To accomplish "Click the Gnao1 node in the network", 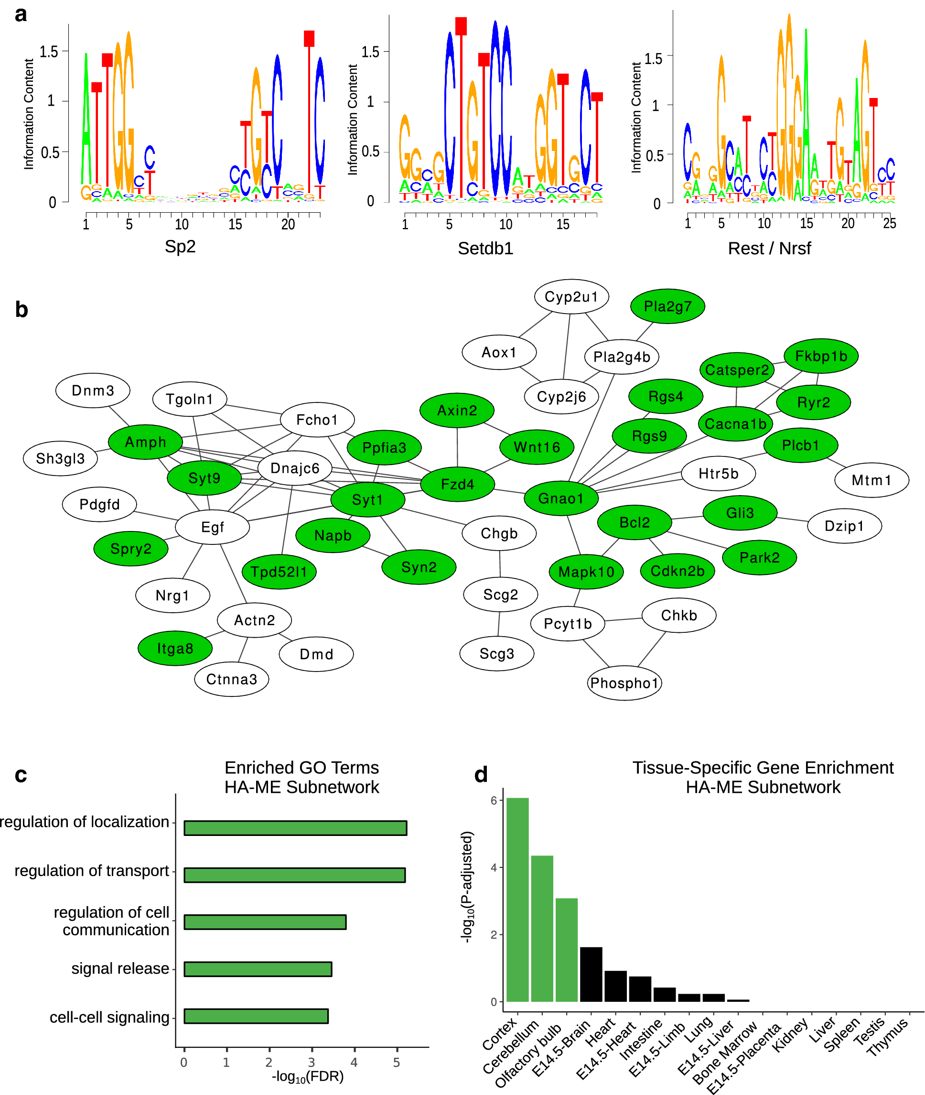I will pos(560,498).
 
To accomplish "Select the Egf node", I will pos(212,527).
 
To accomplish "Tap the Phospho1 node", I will pos(624,683).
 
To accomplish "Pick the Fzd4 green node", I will pos(457,484).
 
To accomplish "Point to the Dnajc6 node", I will pos(295,468).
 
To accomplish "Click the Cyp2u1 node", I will pos(571,297).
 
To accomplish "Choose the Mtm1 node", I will pos(871,480).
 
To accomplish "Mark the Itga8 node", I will pos(175,648).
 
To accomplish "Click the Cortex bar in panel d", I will pos(517,900).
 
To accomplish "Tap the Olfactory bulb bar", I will pos(566,950).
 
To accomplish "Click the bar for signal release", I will pos(258,969).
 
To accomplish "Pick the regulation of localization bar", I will pos(295,828).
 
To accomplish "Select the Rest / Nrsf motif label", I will pos(769,248).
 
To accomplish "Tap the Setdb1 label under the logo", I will pos(485,248).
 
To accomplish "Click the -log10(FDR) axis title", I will pos(307,1077).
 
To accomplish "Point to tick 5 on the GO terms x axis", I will pos(397,1062).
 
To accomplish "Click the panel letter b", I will pos(22,310).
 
